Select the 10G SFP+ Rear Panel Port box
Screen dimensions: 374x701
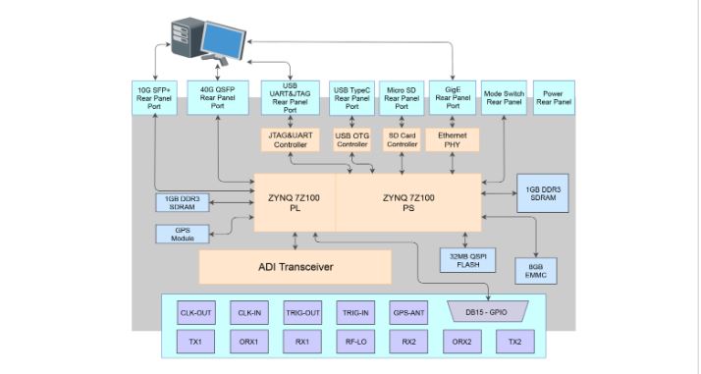[x=154, y=98]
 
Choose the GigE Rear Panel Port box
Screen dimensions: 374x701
[x=453, y=98]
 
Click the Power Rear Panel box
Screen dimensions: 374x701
[x=555, y=98]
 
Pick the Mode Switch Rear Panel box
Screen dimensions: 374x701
[x=505, y=98]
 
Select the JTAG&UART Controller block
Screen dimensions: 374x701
[x=290, y=139]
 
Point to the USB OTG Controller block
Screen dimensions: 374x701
[x=351, y=139]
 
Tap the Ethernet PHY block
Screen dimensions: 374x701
[x=453, y=139]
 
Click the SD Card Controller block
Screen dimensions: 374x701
[x=403, y=139]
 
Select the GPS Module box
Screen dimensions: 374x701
[x=184, y=234]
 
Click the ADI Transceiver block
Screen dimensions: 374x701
[x=295, y=266]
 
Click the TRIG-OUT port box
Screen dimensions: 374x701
[x=302, y=314]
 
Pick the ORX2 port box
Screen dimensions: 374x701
[x=460, y=342]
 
